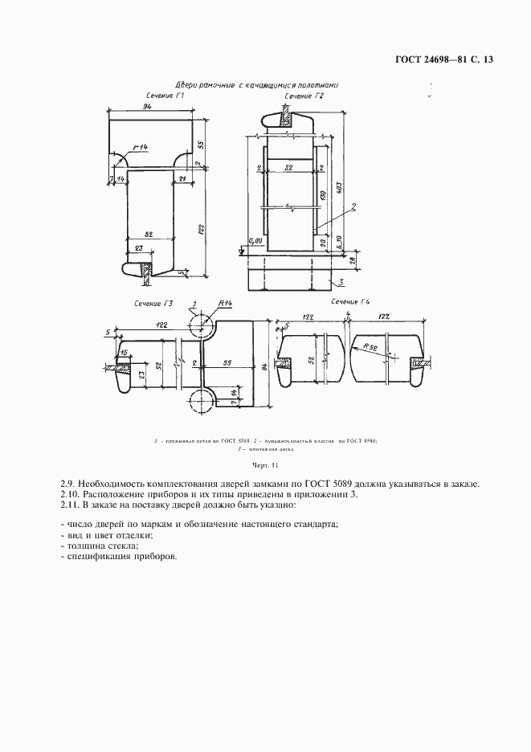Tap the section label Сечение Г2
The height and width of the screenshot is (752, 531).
pyautogui.click(x=304, y=96)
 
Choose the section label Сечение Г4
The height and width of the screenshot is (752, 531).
pyautogui.click(x=349, y=302)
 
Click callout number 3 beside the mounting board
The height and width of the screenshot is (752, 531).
pyautogui.click(x=341, y=282)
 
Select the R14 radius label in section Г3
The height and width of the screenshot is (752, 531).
pyautogui.click(x=224, y=303)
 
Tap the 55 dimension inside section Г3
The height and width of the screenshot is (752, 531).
pyautogui.click(x=227, y=364)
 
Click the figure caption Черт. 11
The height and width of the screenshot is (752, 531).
pyautogui.click(x=264, y=465)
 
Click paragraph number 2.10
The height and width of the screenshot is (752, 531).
pyautogui.click(x=72, y=494)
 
